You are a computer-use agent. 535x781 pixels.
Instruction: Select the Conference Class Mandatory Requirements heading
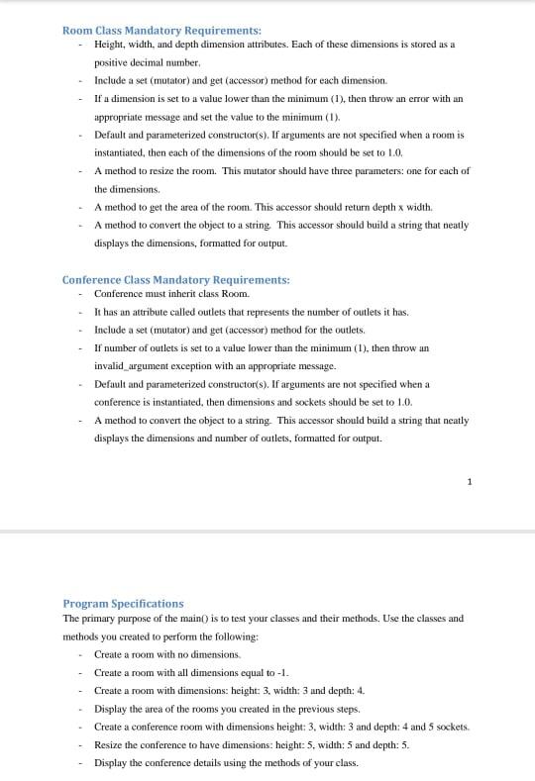tap(175, 280)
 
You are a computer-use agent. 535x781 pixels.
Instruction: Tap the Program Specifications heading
tap(123, 603)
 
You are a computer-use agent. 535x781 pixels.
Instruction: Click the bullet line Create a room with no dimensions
tap(167, 654)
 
